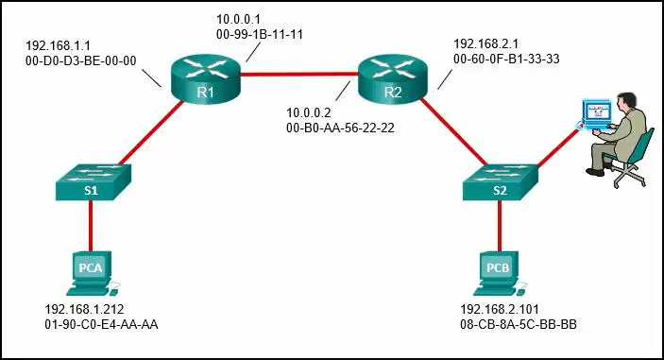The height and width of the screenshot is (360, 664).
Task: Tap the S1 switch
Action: tap(94, 181)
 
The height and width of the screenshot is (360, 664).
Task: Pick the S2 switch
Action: tap(501, 181)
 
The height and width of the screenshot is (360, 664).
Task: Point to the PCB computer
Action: tap(500, 273)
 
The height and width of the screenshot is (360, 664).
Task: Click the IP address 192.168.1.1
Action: tap(58, 45)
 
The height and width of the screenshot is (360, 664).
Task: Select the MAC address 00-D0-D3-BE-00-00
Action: tap(81, 61)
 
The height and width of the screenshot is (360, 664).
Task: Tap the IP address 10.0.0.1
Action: tap(238, 19)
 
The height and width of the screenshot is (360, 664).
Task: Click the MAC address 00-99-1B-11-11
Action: tap(260, 34)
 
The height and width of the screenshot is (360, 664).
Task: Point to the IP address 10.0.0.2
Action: tap(309, 112)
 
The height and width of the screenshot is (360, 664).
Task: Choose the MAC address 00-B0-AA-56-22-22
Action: tap(340, 128)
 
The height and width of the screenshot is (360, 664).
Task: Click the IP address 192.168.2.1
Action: tap(485, 43)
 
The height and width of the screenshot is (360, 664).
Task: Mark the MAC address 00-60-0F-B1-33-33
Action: tap(506, 59)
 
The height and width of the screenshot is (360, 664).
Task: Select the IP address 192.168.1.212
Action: tap(84, 309)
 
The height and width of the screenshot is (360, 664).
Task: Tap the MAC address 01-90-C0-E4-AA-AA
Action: tap(101, 324)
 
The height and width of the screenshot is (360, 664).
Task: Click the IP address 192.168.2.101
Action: tap(500, 309)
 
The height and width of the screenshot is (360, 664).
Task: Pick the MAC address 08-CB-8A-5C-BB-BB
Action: tap(519, 324)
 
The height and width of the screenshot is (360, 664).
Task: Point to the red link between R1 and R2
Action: tap(299, 75)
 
